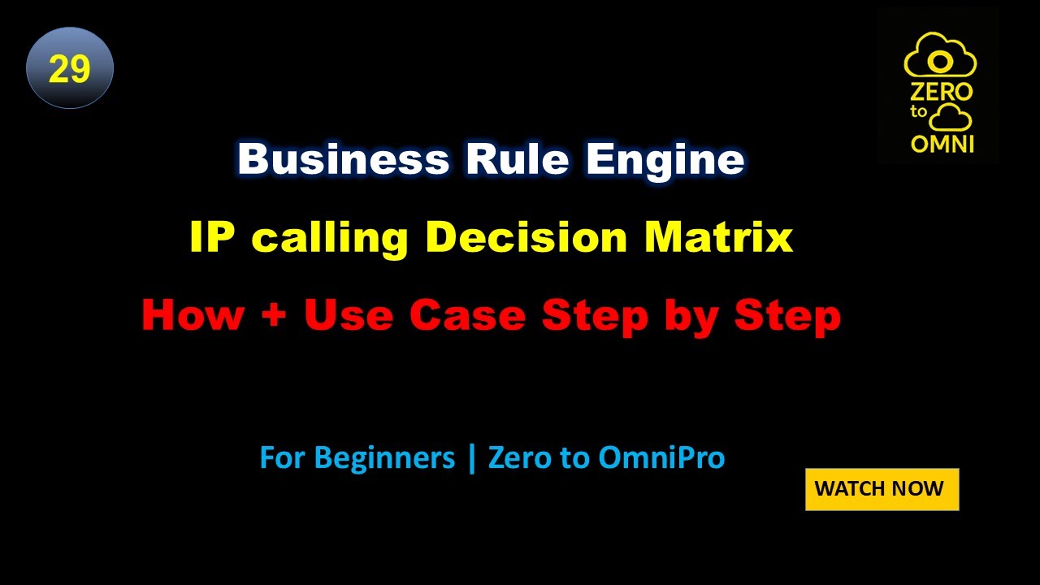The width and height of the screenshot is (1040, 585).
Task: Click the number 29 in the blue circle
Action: (69, 69)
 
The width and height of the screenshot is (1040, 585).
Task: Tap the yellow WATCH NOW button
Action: (882, 489)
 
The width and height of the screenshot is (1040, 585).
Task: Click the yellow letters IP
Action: (210, 237)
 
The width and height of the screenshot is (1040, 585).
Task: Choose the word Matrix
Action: (718, 237)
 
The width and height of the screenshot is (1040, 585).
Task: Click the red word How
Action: (193, 315)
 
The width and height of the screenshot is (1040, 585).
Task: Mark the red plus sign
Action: (273, 317)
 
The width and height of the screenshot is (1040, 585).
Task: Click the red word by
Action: (693, 317)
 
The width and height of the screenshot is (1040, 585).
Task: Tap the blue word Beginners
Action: (384, 458)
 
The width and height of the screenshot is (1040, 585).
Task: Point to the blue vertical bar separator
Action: (471, 458)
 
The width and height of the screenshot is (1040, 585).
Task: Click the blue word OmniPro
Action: (661, 458)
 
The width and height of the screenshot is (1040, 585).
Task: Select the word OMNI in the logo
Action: (942, 143)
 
